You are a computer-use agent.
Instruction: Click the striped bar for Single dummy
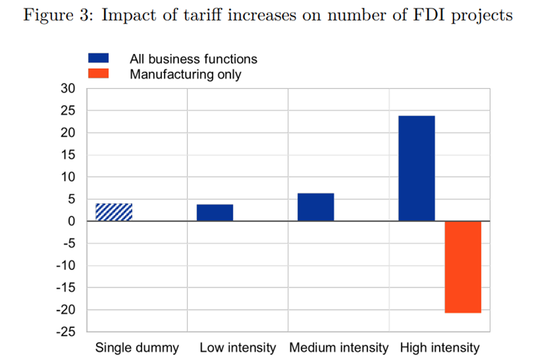(114, 212)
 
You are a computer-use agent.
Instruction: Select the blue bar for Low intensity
(215, 213)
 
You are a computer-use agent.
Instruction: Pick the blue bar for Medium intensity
(316, 208)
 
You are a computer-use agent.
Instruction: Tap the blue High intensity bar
(417, 168)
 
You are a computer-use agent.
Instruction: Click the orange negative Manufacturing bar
(463, 267)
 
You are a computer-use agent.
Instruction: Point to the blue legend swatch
(99, 59)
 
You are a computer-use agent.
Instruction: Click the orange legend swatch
(99, 74)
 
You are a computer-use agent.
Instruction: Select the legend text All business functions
(193, 59)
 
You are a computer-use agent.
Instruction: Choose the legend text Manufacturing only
(186, 74)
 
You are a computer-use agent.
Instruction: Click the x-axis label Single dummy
(137, 348)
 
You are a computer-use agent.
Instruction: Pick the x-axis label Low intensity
(238, 348)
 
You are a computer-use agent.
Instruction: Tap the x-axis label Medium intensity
(339, 348)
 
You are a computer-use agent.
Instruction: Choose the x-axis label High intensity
(440, 348)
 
